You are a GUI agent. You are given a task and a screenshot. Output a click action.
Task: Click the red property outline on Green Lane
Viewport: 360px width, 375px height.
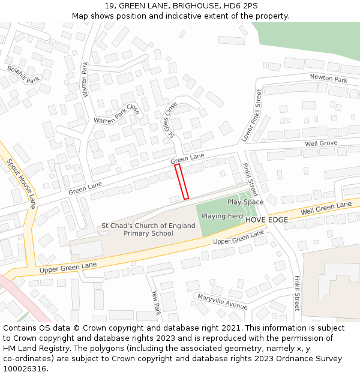[182, 181]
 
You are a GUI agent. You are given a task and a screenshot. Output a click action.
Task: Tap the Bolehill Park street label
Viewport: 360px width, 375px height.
[23, 74]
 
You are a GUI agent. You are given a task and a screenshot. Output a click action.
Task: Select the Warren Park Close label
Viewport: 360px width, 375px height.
[116, 116]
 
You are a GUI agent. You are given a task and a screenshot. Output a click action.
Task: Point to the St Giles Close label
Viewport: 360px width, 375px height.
[170, 118]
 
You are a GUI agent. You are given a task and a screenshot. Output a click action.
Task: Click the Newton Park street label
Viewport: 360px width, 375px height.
[328, 79]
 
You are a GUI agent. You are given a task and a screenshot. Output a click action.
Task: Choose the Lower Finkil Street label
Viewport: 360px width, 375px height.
[252, 116]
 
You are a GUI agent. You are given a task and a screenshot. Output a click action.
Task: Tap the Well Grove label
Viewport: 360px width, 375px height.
[320, 143]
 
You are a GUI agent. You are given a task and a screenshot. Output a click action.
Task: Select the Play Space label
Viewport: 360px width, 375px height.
[245, 202]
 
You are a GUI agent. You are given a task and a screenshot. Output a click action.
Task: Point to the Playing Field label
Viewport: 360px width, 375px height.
[222, 216]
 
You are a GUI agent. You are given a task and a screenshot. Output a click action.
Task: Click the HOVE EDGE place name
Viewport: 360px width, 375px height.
[266, 220]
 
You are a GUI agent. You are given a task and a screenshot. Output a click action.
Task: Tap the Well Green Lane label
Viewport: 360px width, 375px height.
[326, 208]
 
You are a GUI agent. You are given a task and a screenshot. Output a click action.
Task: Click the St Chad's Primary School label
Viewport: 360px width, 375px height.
[148, 229]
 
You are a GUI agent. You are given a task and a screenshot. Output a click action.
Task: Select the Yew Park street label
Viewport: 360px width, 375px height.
[156, 303]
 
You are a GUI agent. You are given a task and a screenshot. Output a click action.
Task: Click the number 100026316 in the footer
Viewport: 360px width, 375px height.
[25, 368]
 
